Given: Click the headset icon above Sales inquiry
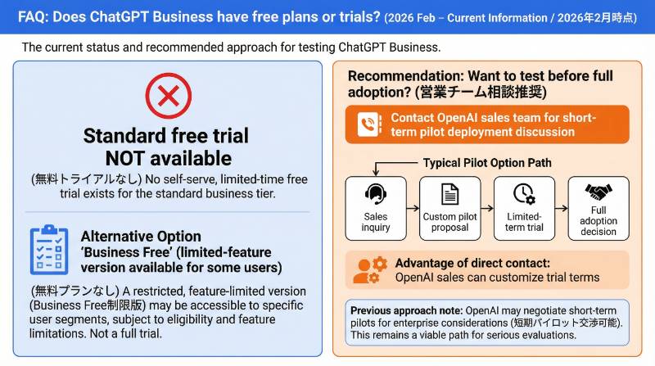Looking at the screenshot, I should coord(377,195).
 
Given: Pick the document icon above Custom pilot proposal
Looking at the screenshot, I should coord(449,195).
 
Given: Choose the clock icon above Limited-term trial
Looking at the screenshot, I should coord(523,195).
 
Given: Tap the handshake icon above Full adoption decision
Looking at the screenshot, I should coord(599,193).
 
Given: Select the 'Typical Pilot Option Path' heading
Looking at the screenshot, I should coord(486,163).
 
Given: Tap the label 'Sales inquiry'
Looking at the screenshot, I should coord(376,222).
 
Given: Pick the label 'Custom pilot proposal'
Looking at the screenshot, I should coord(449,222).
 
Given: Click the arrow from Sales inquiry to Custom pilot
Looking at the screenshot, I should coord(413,208).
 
